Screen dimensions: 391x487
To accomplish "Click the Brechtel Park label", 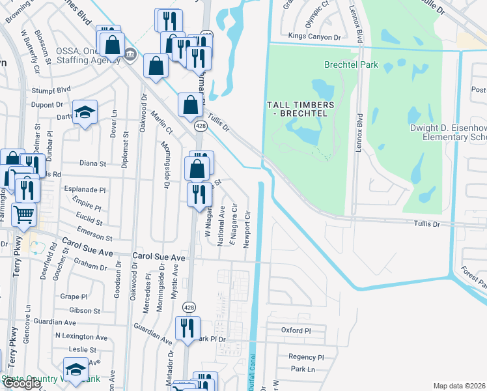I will point(351,65).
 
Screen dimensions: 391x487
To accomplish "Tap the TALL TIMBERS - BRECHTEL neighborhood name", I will point(301,110).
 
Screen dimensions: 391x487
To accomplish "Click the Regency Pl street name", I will point(306,357).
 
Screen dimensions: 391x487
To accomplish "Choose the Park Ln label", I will point(303,369).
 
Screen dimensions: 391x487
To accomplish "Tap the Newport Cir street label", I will point(247,228).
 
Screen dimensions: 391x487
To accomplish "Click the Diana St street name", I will point(92,164).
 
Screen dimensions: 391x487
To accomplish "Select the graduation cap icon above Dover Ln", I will point(85,113).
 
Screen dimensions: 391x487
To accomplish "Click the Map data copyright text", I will point(459,386).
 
